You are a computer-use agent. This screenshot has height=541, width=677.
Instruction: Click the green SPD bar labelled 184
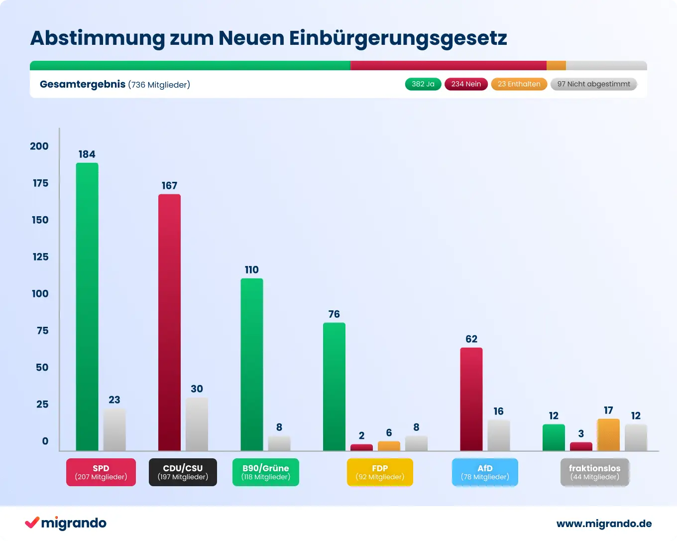coord(87,307)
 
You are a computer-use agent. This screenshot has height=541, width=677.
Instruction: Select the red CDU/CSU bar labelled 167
coord(169,322)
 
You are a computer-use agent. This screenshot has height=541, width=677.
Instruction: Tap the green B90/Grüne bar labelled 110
coord(252,365)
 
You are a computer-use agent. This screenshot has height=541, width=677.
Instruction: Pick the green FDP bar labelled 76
coord(334,387)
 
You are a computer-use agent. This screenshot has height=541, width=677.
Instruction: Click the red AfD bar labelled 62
coord(471,399)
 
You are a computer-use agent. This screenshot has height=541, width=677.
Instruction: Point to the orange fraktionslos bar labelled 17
coord(608,435)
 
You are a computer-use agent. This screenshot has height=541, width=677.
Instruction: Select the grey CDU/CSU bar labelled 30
coord(197,424)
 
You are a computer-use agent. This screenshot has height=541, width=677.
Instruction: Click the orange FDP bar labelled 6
coord(389,446)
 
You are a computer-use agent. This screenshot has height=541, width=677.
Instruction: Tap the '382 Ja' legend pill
coord(423,84)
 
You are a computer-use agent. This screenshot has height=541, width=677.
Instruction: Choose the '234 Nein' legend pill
coord(466,84)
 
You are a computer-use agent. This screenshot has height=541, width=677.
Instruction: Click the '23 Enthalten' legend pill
coord(519,84)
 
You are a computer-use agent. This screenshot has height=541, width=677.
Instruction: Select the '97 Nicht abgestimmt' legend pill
coord(593,84)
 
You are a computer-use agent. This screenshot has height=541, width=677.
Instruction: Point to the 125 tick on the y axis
coord(41,257)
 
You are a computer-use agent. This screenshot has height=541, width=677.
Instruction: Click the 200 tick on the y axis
coord(39,146)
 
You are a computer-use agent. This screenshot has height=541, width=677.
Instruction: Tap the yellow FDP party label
coord(380,472)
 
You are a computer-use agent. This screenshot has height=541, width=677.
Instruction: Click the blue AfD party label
coord(485,472)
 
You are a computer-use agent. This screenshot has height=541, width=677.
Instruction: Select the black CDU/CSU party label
coord(183,472)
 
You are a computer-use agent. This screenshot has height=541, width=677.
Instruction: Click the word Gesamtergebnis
coord(83,84)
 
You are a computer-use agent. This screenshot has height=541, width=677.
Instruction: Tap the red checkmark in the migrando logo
coord(32,522)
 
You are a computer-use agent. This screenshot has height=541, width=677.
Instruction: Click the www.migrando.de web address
coord(604,524)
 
